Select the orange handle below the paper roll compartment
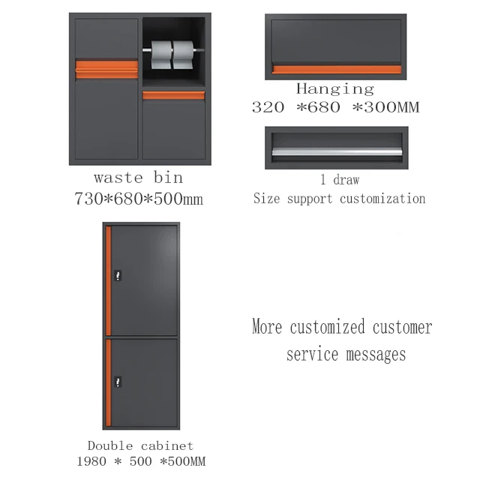(173, 95)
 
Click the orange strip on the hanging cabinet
(335, 70)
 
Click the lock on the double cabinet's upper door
(117, 277)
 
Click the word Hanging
(334, 89)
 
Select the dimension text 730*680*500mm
(138, 199)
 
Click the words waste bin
(138, 178)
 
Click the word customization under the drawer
(382, 199)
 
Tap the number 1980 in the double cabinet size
(92, 460)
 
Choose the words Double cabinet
(140, 445)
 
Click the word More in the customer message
(268, 328)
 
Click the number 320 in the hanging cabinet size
(268, 107)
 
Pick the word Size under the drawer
(266, 199)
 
